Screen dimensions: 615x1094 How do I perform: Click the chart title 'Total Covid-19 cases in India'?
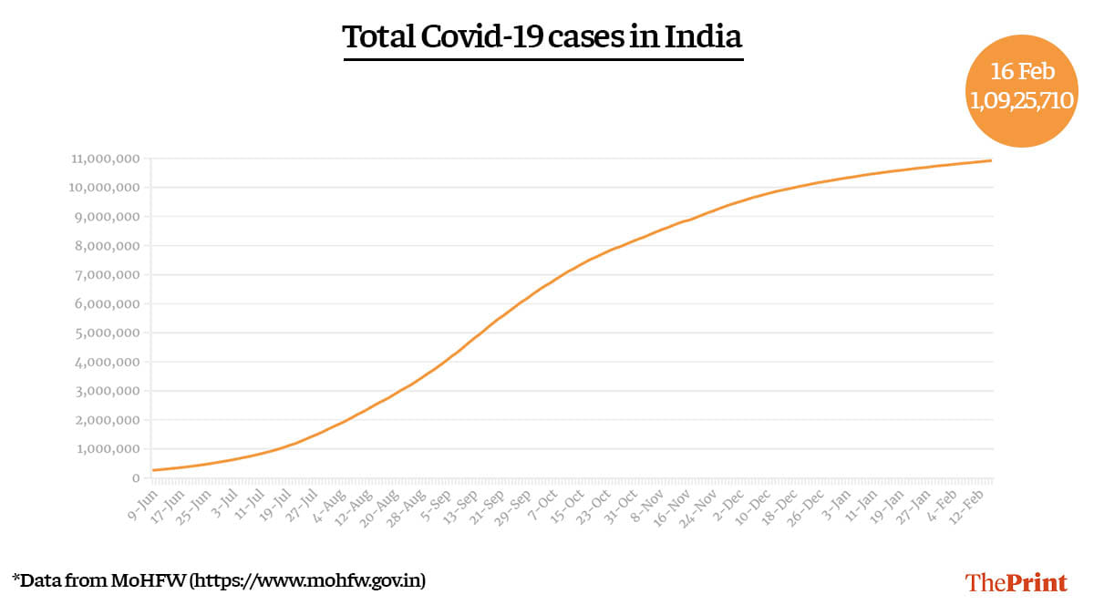click(542, 38)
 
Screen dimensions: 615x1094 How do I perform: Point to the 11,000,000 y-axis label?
click(104, 159)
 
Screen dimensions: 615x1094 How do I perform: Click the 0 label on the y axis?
click(134, 478)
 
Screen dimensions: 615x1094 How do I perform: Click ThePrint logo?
click(1016, 582)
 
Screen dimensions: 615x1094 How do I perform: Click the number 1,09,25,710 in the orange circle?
click(1021, 101)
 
